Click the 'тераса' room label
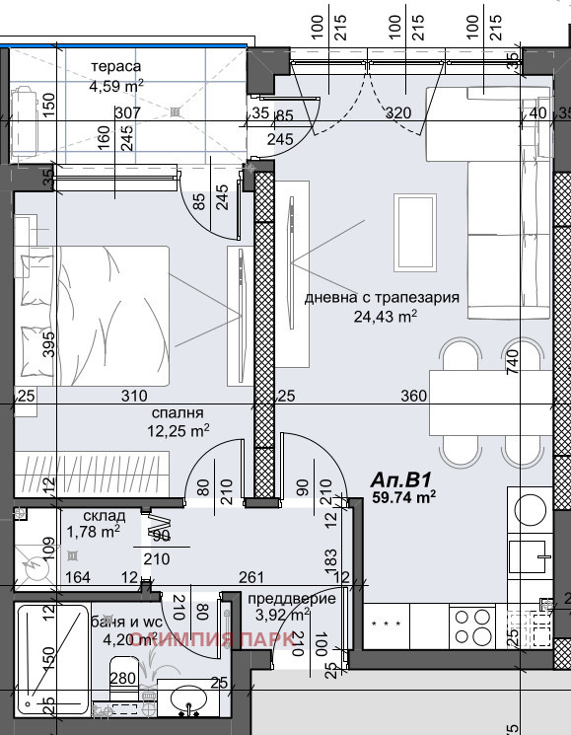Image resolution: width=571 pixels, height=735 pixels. (x=116, y=67)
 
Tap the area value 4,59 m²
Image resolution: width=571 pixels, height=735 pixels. (x=116, y=85)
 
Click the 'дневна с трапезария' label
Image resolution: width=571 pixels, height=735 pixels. (x=383, y=298)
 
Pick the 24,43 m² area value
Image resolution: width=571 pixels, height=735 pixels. (x=385, y=316)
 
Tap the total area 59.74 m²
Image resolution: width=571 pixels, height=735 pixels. (x=403, y=498)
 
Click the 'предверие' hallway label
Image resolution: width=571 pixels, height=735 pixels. (x=291, y=598)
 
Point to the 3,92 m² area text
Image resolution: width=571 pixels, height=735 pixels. (x=281, y=615)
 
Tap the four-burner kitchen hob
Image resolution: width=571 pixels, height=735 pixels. (x=474, y=624)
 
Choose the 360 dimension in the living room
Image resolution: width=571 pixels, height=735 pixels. (x=414, y=396)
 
